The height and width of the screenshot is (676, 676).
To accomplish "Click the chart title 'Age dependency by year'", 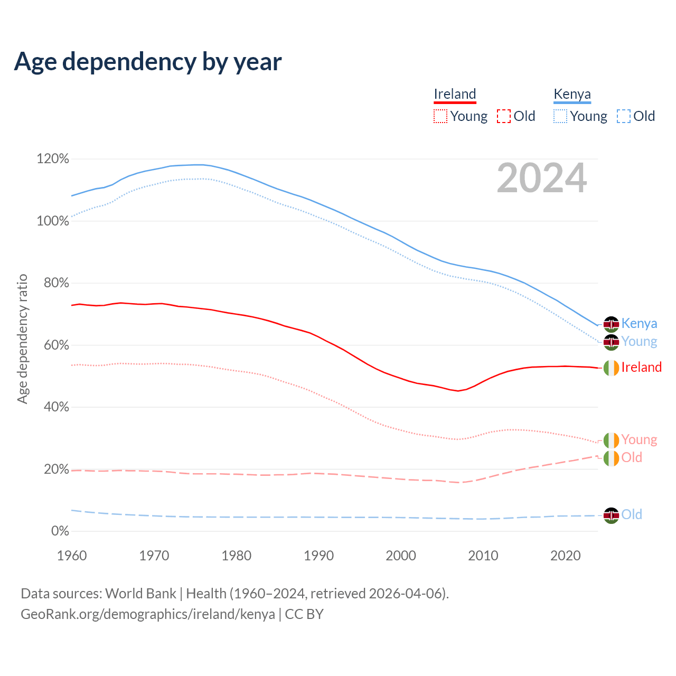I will pos(148,62).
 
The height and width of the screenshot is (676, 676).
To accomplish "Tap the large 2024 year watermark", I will pos(542,179).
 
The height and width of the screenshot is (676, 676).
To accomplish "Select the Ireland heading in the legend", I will pos(455,94).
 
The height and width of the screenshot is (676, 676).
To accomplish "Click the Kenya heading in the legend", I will pos(572,94).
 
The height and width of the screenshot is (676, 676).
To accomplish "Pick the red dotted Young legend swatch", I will pos(440,116).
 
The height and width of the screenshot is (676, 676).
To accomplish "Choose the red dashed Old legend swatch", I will pos(504,116).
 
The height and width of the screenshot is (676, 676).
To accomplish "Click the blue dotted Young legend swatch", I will pos(560,116).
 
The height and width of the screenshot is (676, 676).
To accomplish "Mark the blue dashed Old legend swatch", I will pos(624,116).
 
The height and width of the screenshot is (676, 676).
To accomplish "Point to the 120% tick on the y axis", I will pos(53,159).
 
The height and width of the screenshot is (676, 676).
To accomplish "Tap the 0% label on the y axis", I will pos(60,531).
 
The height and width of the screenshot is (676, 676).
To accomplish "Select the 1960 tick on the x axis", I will pos(72,556).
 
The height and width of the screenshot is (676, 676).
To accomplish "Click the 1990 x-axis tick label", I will pos(319,556).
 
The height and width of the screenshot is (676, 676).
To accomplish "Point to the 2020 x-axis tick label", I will pos(566,556).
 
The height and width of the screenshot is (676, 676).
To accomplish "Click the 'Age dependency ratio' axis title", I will pos(22,339).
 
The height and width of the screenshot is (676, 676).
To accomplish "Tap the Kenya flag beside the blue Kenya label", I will pos(611,324).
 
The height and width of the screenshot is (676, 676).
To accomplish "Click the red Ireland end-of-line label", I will pos(641,367).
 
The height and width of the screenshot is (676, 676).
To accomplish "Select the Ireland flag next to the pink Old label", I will pos(611,458).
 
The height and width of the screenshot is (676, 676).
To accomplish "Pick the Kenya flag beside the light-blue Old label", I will pos(611,515).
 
